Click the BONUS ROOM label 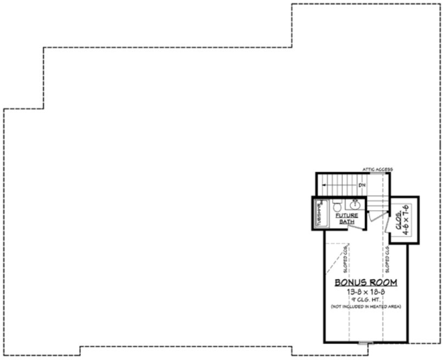click(x=365, y=282)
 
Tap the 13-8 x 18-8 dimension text click(x=365, y=292)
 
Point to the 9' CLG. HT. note click(x=365, y=300)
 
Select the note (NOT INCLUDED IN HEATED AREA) click(x=365, y=307)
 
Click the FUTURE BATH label click(x=346, y=218)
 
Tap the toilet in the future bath click(x=337, y=206)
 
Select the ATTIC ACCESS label click(x=377, y=170)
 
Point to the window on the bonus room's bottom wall click(x=366, y=343)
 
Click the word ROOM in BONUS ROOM click(x=382, y=282)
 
